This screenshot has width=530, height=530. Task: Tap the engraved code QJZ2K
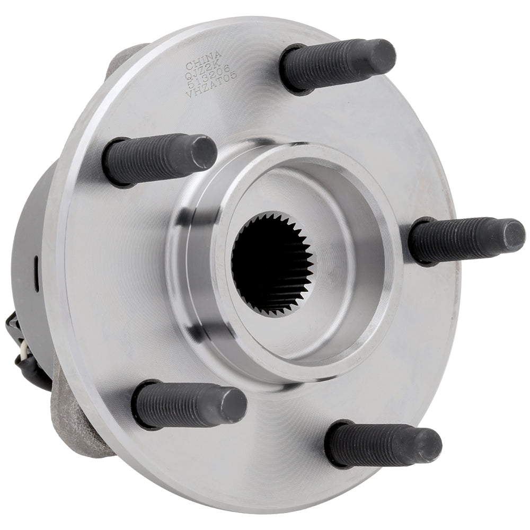203,74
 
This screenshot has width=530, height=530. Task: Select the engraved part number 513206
208,83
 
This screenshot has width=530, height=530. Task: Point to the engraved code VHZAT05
211,92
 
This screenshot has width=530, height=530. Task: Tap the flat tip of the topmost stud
383,55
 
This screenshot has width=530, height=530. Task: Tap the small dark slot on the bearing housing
36,263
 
